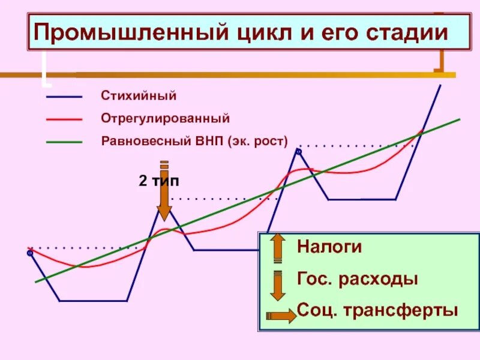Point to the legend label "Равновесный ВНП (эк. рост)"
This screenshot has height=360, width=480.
tap(194, 142)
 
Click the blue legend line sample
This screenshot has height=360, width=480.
tap(64, 97)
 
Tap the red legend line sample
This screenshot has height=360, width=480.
tap(64, 119)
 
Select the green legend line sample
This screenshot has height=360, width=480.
tap(64, 143)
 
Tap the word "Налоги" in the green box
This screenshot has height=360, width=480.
tap(329, 247)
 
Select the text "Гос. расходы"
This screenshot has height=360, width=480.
tap(357, 279)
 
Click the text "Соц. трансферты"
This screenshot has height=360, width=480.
tap(377, 311)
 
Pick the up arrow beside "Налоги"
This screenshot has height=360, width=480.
tap(277, 247)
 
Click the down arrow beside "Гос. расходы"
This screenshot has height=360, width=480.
tap(277, 284)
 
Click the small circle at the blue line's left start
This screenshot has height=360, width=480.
tap(30, 254)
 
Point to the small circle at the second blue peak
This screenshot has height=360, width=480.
tap(298, 152)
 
